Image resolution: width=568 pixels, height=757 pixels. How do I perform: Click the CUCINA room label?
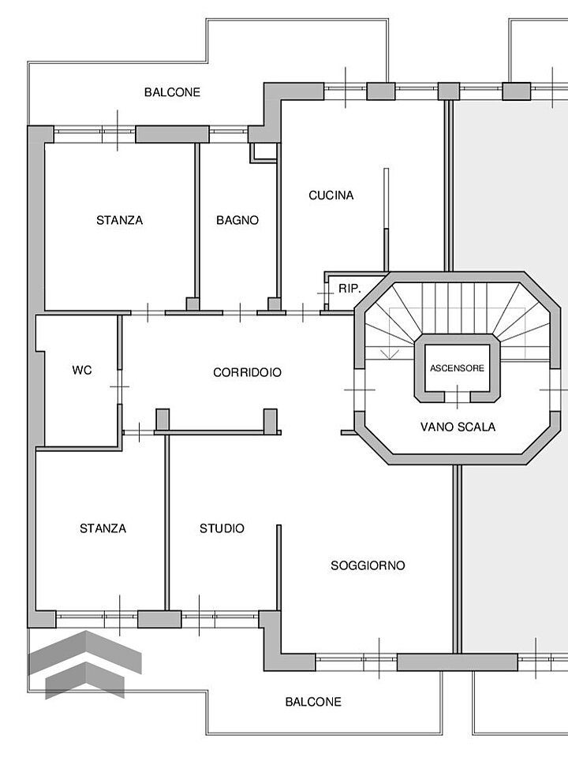tap(331, 195)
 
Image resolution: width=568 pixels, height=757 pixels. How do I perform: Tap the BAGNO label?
tap(237, 220)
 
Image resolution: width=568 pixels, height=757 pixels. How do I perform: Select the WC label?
tap(81, 371)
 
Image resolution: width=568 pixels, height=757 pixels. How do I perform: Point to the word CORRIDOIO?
tap(247, 372)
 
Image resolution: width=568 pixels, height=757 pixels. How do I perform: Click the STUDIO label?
tap(222, 528)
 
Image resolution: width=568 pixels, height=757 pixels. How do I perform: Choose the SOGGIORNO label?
tap(368, 565)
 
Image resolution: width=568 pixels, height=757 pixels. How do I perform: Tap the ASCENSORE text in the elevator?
tap(457, 368)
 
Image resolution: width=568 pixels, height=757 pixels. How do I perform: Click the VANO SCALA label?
tap(458, 427)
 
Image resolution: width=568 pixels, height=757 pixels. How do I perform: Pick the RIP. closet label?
tap(349, 289)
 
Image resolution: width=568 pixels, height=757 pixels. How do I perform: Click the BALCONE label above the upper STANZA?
tap(172, 92)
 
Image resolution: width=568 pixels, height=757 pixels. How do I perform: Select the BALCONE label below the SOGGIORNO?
tap(313, 702)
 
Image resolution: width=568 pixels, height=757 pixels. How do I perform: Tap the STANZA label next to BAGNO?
tap(119, 220)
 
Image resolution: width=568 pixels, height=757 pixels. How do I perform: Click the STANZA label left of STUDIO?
tap(103, 528)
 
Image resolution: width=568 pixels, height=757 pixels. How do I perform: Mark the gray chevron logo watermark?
tap(85, 664)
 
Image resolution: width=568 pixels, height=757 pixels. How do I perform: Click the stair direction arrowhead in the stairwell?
tap(390, 353)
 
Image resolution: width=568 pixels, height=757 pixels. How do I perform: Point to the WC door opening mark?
tap(119, 386)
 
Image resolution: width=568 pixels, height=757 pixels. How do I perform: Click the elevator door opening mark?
tap(458, 397)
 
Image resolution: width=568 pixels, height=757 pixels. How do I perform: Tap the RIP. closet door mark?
tap(326, 293)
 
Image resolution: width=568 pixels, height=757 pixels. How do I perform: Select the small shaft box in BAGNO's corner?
tap(263, 153)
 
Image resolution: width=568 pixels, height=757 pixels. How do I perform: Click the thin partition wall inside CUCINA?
tap(386, 220)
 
